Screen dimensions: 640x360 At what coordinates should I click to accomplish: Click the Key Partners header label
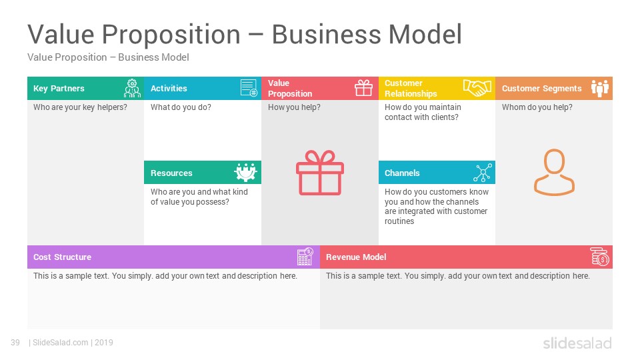pos(59,89)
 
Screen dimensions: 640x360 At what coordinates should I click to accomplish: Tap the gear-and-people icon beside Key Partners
pos(132,88)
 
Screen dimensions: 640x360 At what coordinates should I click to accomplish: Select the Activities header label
pos(169,89)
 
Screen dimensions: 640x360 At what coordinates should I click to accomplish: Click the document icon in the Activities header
pos(249,88)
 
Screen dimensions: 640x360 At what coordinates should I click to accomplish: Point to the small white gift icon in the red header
pos(363,88)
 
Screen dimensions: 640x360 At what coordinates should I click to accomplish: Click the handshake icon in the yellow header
pos(477,88)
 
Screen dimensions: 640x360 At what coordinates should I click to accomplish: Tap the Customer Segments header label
pos(541,89)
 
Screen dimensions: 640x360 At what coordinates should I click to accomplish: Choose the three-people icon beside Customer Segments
pos(600,88)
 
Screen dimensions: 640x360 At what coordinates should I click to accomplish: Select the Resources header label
pos(171,173)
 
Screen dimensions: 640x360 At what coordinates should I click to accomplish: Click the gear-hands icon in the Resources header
pos(246,172)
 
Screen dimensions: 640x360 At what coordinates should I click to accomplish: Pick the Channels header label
pos(402,173)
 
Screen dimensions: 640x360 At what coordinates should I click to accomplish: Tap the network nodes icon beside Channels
pos(483,173)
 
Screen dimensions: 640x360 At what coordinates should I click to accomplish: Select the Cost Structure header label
pos(62,257)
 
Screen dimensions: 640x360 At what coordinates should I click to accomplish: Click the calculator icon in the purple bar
pos(305,256)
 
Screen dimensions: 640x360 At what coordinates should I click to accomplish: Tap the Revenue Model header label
pos(356,257)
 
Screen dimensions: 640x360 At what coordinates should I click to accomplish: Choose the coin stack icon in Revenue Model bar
pos(600,256)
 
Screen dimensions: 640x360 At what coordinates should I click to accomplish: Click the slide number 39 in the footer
pos(15,343)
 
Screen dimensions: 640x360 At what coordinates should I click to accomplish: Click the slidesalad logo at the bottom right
pos(577,343)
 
